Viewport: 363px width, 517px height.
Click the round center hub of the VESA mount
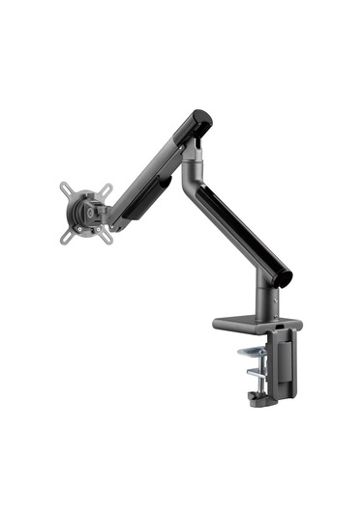(x=85, y=209)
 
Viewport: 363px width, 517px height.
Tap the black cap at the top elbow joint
(x=199, y=119)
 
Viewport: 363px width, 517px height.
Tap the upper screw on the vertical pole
(x=273, y=299)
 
